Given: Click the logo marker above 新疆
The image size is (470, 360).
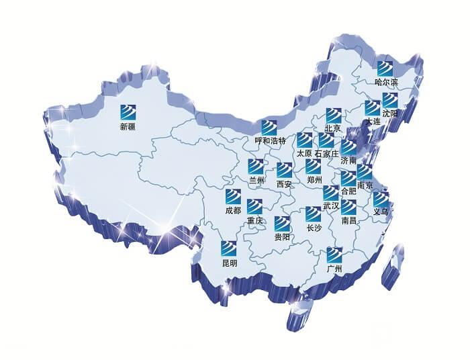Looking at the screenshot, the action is (x=128, y=111).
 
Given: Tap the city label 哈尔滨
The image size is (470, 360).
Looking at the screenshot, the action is (x=386, y=83).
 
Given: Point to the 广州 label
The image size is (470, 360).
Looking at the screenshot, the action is (x=334, y=269).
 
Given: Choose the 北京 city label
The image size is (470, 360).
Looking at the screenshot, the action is (x=333, y=128).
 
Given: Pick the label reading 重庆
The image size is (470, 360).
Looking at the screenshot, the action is (x=254, y=220).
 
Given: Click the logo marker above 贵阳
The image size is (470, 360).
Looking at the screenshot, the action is (x=282, y=224).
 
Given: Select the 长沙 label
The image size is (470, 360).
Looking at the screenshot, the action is (x=314, y=228).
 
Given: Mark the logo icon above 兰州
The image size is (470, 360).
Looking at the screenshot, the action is (x=256, y=167).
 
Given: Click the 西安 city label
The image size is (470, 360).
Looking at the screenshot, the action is (x=284, y=184).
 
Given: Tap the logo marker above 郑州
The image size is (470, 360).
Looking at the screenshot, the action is (x=314, y=167).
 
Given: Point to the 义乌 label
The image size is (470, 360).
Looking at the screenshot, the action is (x=381, y=212).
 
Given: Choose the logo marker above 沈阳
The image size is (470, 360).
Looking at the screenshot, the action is (x=389, y=100).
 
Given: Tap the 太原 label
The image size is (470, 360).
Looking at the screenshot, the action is (x=304, y=153).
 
